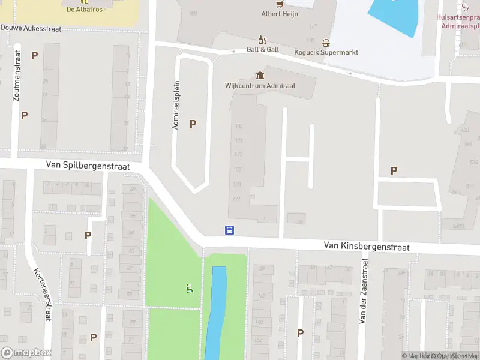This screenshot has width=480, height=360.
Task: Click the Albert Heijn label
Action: pyautogui.click(x=279, y=14)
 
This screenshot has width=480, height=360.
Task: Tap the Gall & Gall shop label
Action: pyautogui.click(x=263, y=50)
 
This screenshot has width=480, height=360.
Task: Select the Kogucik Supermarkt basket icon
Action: pyautogui.click(x=326, y=43)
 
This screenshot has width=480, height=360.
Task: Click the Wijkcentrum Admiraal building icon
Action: pyautogui.click(x=260, y=75)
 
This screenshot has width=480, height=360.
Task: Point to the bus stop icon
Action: pyautogui.click(x=229, y=230)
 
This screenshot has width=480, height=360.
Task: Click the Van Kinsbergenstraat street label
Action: pyautogui.click(x=366, y=246)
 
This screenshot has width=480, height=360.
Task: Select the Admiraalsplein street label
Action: pyautogui.click(x=176, y=106)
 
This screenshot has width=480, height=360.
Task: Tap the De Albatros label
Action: pyautogui.click(x=84, y=10)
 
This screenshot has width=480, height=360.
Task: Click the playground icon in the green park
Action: pyautogui.click(x=190, y=289)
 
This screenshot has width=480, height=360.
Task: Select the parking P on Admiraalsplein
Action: pyautogui.click(x=193, y=124)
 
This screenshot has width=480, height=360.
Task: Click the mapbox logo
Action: pyautogui.click(x=26, y=353)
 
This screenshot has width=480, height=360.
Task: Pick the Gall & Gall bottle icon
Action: pyautogui.click(x=262, y=40)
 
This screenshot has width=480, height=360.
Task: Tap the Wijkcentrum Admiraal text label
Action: pyautogui.click(x=260, y=85)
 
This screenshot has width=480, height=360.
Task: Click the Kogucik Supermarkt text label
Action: pyautogui.click(x=326, y=52)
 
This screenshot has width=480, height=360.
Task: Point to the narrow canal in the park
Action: pyautogui.click(x=217, y=312)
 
